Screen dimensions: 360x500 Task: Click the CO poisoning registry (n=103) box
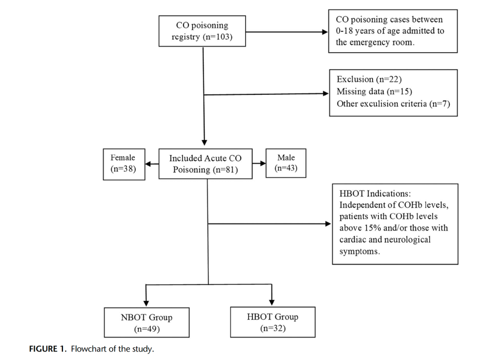(x=202, y=31)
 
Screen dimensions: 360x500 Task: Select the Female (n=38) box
(x=123, y=164)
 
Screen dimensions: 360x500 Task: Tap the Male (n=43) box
(x=286, y=163)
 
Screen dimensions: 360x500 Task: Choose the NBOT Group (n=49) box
(x=146, y=323)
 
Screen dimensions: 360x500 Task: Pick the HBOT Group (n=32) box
(x=272, y=322)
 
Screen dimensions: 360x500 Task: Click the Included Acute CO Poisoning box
(x=205, y=164)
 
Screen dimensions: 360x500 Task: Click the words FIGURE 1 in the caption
(x=46, y=349)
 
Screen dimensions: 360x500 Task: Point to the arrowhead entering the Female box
(x=148, y=164)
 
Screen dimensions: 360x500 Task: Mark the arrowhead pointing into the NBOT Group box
(x=146, y=303)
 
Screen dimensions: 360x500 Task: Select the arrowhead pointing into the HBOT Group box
(x=272, y=302)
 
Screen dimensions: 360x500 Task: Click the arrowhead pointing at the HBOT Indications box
(x=328, y=224)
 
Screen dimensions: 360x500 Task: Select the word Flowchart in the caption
(x=88, y=349)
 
